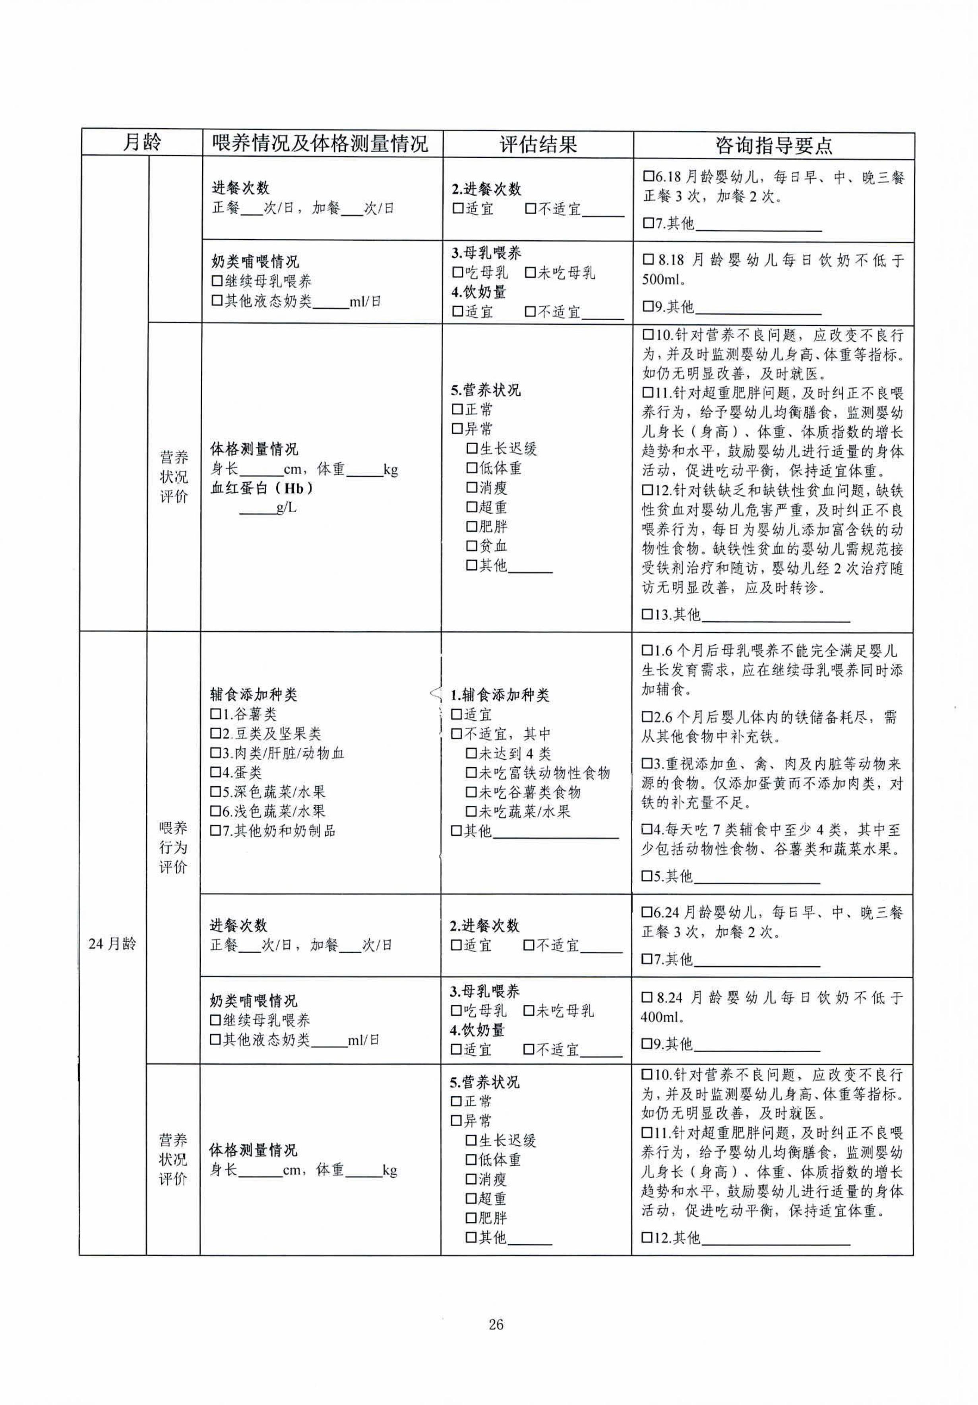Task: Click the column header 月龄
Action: coord(142,143)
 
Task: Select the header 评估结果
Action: coord(537,144)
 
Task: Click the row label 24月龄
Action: coord(112,943)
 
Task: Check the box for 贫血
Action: coord(471,546)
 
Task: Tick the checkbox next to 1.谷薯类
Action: coord(215,714)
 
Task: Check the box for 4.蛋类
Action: coord(215,772)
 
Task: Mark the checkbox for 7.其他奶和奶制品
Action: coord(215,831)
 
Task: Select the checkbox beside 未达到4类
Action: coord(471,753)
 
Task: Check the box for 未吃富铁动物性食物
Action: coord(471,773)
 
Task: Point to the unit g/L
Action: coord(287,507)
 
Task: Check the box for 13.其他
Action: coord(647,614)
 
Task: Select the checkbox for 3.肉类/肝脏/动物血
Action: coord(215,753)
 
